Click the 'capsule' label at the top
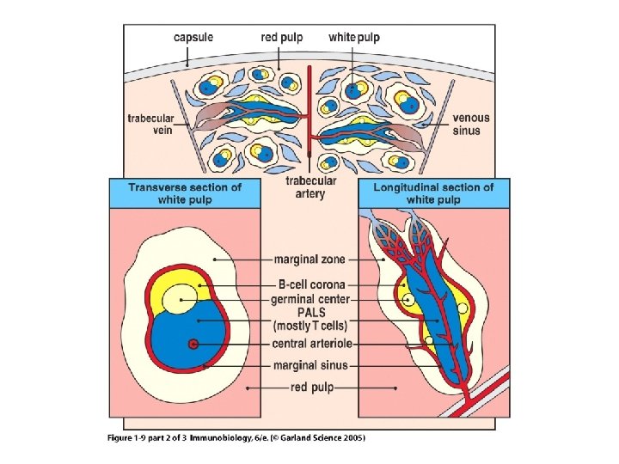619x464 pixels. click(x=193, y=38)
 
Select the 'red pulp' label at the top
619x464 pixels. click(x=283, y=38)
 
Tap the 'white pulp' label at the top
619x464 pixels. click(x=354, y=38)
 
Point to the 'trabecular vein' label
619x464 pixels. click(x=150, y=124)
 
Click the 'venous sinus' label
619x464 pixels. click(x=467, y=124)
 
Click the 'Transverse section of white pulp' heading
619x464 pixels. click(x=185, y=192)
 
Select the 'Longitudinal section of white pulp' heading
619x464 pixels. click(x=433, y=192)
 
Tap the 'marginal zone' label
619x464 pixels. click(x=309, y=258)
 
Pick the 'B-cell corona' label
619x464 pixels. click(x=309, y=284)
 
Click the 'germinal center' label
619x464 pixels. click(x=309, y=298)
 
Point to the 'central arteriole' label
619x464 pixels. click(x=309, y=344)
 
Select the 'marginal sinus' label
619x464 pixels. click(x=309, y=365)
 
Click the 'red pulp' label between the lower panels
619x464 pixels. click(x=309, y=388)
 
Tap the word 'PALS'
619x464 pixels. click(x=309, y=313)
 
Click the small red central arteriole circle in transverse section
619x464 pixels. click(x=194, y=345)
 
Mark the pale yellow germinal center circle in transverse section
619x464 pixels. click(x=181, y=299)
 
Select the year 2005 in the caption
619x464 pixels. click(x=352, y=437)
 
